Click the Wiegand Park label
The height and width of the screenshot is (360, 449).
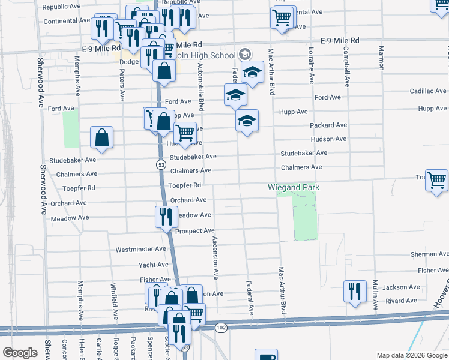coord(294,188)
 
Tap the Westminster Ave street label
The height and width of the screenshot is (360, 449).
coord(140,249)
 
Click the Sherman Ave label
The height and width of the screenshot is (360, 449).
coord(430,254)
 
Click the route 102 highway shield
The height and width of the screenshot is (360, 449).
coord(221,328)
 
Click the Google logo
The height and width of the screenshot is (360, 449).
coord(20,353)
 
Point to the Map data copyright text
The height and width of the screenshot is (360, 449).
coord(412,356)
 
